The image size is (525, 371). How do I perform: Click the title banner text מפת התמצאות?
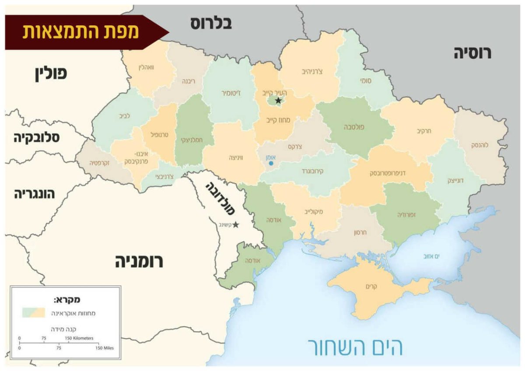coord(81,32)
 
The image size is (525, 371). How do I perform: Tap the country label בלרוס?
coord(210,24)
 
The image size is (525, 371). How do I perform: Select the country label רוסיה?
coord(472,53)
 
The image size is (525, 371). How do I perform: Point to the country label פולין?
coord(51,73)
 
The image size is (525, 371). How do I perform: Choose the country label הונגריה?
coord(35,194)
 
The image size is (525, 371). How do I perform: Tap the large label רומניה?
coord(139,262)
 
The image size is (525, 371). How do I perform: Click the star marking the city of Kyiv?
coord(278,101)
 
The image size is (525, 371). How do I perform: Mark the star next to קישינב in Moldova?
coord(235,224)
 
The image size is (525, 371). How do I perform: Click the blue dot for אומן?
coord(271,163)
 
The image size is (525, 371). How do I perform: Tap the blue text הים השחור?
coord(355,346)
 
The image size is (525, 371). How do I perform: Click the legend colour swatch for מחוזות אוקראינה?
coord(34,312)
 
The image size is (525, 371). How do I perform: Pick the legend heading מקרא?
coord(66,300)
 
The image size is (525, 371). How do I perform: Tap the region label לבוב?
coord(125,117)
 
